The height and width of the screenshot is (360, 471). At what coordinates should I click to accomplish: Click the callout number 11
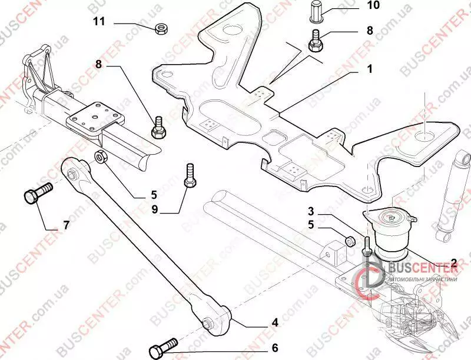pyautogui.click(x=98, y=22)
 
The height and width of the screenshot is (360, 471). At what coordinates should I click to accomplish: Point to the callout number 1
pyautogui.click(x=370, y=69)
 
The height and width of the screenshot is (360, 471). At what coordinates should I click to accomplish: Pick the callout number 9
pyautogui.click(x=154, y=208)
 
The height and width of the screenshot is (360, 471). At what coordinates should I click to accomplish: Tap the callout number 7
pyautogui.click(x=67, y=225)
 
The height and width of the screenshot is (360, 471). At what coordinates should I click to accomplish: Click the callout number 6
pyautogui.click(x=275, y=348)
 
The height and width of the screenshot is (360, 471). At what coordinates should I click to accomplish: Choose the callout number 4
pyautogui.click(x=274, y=322)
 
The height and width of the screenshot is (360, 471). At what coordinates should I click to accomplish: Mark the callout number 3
pyautogui.click(x=310, y=211)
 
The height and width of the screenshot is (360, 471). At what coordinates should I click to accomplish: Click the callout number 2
pyautogui.click(x=454, y=262)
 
